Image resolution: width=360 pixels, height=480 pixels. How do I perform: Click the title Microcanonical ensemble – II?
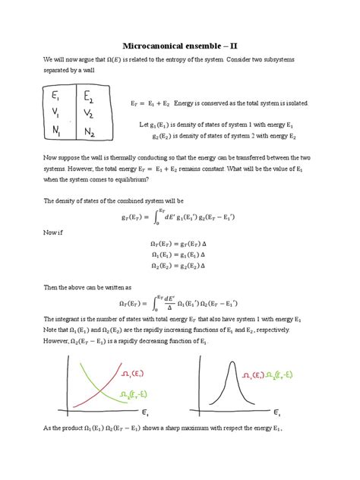pyautogui.click(x=179, y=46)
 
